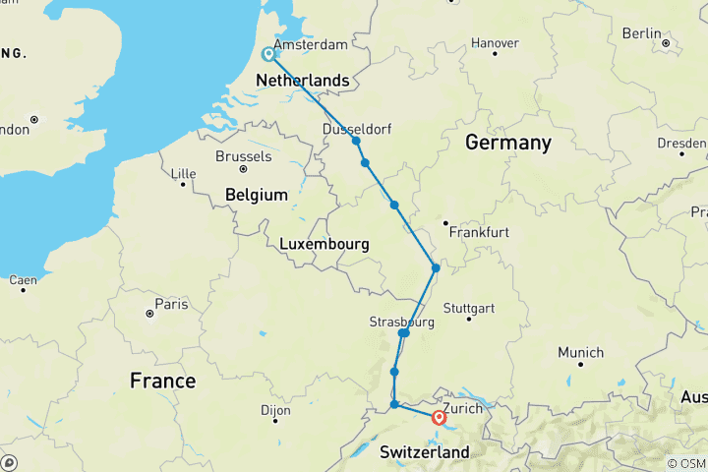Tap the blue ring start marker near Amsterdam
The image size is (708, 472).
tap(267, 54)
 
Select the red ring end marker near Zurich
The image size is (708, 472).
tap(440, 417)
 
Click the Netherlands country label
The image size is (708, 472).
tap(303, 81)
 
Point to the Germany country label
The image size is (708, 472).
tap(507, 143)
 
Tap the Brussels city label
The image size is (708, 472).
tap(243, 156)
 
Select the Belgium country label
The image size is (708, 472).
tap(256, 195)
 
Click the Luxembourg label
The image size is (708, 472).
tap(324, 243)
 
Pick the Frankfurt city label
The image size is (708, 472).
tap(478, 233)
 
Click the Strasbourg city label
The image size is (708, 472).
tap(401, 322)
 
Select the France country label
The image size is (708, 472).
tap(163, 381)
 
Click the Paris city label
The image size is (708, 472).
tap(170, 304)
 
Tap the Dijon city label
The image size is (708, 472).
tap(278, 412)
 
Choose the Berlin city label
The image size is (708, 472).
tap(641, 33)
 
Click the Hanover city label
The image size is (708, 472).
tap(496, 43)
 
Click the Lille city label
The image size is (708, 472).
tap(184, 174)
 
